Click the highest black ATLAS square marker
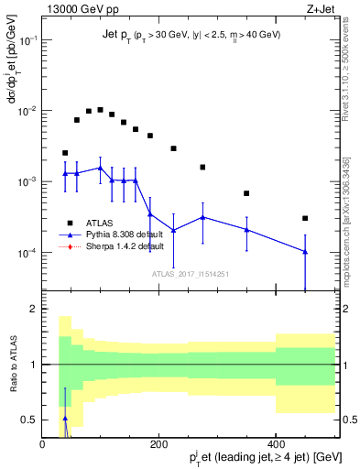pyautogui.click(x=100, y=110)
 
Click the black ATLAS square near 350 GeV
pyautogui.click(x=246, y=193)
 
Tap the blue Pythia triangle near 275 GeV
pyautogui.click(x=202, y=217)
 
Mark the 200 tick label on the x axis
pyautogui.click(x=158, y=443)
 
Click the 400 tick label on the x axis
pyautogui.click(x=276, y=443)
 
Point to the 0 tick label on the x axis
pyautogui.click(x=42, y=443)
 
